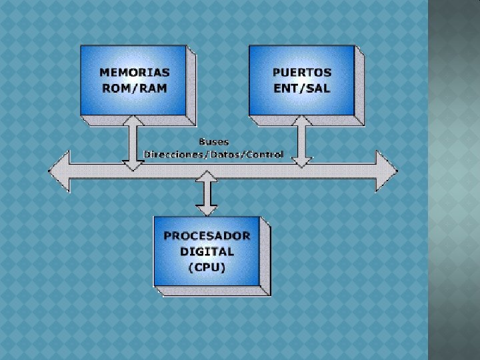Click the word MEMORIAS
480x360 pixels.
[134, 72]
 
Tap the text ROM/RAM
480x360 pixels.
[134, 87]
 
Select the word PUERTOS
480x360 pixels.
[301, 72]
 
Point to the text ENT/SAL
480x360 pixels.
[301, 87]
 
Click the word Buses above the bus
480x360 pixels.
[213, 141]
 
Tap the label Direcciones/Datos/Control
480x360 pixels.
[213, 154]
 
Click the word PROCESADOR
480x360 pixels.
[207, 235]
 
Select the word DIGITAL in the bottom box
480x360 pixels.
[207, 251]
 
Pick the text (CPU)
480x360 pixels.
[207, 267]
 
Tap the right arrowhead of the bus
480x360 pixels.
[387, 170]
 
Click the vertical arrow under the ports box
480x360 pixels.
[302, 141]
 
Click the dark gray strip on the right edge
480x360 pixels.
[454, 180]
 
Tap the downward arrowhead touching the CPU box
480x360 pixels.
[208, 209]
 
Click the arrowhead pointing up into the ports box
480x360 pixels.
[302, 121]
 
